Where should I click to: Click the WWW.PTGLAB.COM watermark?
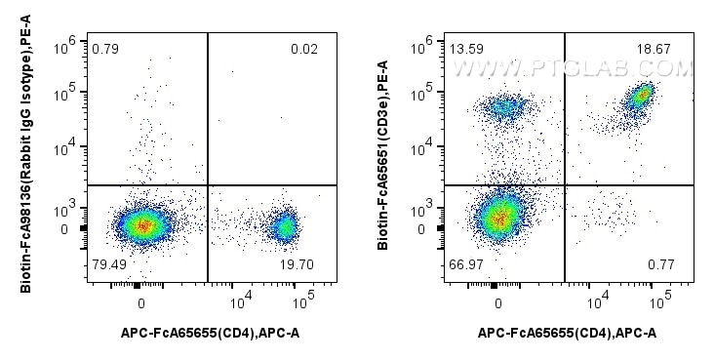click(573, 68)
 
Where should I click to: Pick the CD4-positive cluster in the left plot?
click(285, 226)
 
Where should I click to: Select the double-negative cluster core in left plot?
click(141, 224)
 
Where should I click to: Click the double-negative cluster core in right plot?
click(498, 217)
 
